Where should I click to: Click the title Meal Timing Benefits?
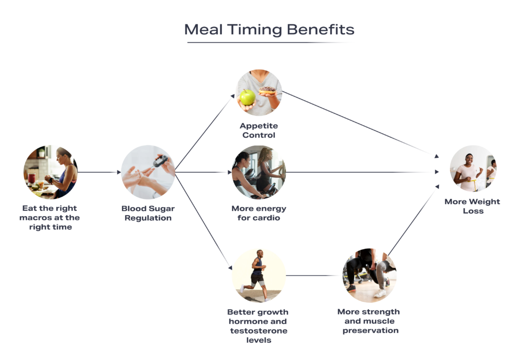pyautogui.click(x=270, y=29)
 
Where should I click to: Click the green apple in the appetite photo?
pyautogui.click(x=247, y=97)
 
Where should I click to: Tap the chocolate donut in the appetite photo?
pyautogui.click(x=267, y=91)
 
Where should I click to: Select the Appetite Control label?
pyautogui.click(x=259, y=130)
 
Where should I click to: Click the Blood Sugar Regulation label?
pyautogui.click(x=148, y=213)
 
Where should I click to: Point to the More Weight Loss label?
pyautogui.click(x=472, y=206)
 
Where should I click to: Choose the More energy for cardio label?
pyautogui.click(x=259, y=213)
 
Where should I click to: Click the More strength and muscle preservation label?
pyautogui.click(x=369, y=321)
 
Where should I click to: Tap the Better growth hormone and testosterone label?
pyautogui.click(x=258, y=326)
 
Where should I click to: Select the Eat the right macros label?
pyautogui.click(x=50, y=218)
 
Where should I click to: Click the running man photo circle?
pyautogui.click(x=259, y=275)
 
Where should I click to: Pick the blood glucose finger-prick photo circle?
pyautogui.click(x=148, y=172)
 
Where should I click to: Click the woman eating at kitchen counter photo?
pyautogui.click(x=50, y=172)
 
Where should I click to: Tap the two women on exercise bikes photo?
pyautogui.click(x=259, y=172)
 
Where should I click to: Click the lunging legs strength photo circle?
pyautogui.click(x=369, y=275)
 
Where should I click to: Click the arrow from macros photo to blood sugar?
pyautogui.click(x=99, y=172)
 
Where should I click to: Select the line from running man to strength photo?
pyautogui.click(x=314, y=275)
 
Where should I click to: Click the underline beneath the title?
pyautogui.click(x=271, y=42)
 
